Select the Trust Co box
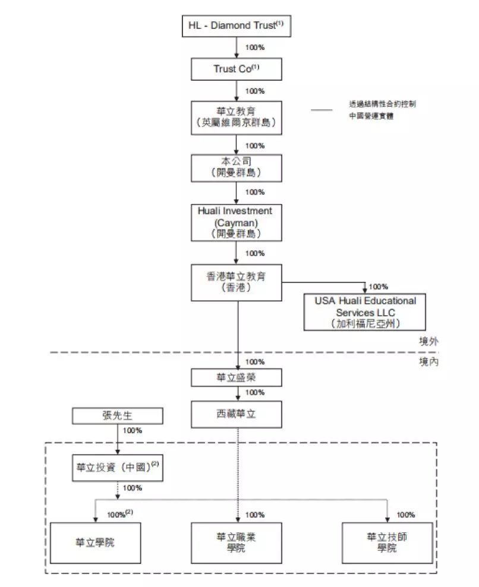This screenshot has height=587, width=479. [237, 69]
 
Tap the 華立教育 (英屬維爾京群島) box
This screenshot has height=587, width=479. [237, 117]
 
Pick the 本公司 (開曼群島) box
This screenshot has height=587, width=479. [237, 167]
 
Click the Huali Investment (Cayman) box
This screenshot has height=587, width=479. [237, 222]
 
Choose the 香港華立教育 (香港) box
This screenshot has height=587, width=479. [237, 283]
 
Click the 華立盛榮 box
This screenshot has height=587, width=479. [237, 377]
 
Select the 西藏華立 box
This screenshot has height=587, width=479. [237, 414]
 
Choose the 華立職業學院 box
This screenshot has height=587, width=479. [237, 542]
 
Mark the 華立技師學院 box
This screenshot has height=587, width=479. [387, 542]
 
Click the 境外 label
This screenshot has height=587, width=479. [428, 341]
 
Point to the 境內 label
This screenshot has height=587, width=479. [428, 361]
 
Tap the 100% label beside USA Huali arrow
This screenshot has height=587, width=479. [379, 286]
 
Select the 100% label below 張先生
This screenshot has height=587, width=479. [132, 430]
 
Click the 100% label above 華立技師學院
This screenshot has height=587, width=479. [406, 515]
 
